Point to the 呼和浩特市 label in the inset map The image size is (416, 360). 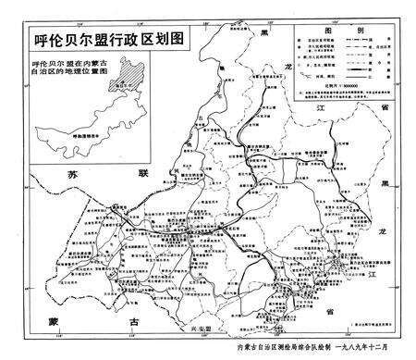89,134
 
